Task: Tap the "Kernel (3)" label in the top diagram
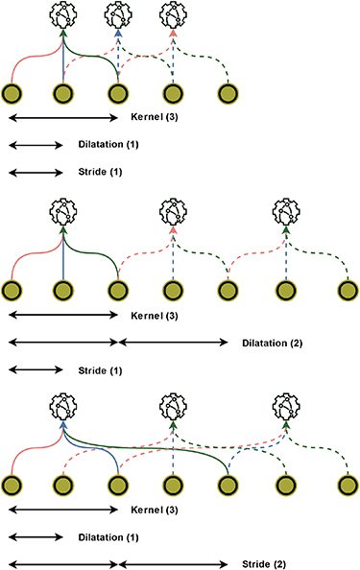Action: tap(153, 117)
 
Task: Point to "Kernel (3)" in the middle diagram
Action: tap(153, 314)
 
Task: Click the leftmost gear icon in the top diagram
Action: tap(63, 14)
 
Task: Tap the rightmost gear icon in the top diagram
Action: tap(173, 14)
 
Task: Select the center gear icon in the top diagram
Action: tap(118, 14)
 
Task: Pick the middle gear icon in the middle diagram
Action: tap(173, 210)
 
